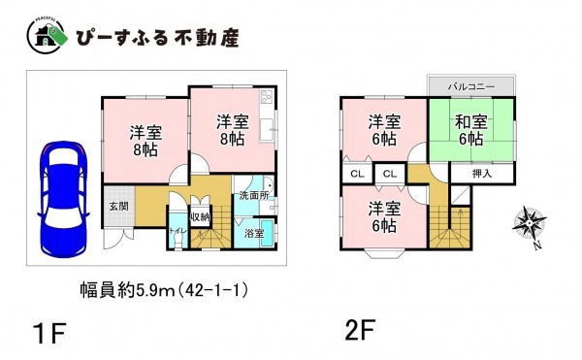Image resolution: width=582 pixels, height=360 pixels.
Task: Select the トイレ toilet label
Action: click(x=178, y=230)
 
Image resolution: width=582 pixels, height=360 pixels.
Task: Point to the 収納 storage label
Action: click(x=201, y=216)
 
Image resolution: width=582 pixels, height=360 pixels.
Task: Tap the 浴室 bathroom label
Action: click(x=255, y=233)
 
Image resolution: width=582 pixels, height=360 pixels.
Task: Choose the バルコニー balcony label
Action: click(x=471, y=86)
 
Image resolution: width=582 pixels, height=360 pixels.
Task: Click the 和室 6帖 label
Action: click(x=471, y=131)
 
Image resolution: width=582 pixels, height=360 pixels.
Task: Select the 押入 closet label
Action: click(x=482, y=173)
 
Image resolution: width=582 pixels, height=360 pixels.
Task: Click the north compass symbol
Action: click(x=531, y=225)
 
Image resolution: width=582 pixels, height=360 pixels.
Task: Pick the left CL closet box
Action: click(x=356, y=174)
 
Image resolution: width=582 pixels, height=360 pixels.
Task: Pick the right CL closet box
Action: click(x=389, y=174)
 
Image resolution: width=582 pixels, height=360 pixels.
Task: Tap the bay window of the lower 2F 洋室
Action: click(x=383, y=254)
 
